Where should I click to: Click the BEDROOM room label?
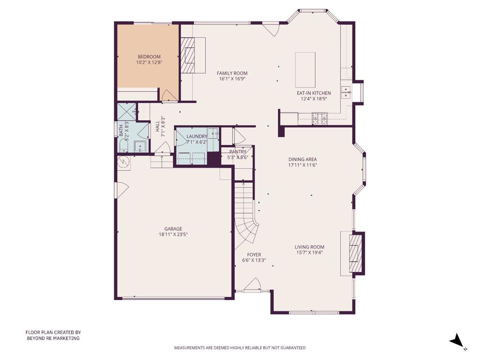pyautogui.click(x=149, y=57)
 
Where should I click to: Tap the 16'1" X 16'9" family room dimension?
pyautogui.click(x=232, y=79)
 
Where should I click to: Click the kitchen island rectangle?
pyautogui.click(x=305, y=70)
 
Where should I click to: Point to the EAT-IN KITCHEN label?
pyautogui.click(x=314, y=93)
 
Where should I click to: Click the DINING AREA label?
pyautogui.click(x=302, y=159)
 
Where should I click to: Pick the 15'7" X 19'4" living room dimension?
pyautogui.click(x=309, y=253)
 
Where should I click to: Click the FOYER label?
pyautogui.click(x=254, y=255)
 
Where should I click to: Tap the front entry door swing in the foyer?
pyautogui.click(x=253, y=285)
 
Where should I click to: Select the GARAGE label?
pyautogui.click(x=173, y=229)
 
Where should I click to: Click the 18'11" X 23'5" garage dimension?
pyautogui.click(x=173, y=234)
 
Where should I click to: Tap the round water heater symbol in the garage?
pyautogui.click(x=124, y=162)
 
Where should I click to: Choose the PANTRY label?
pyautogui.click(x=238, y=152)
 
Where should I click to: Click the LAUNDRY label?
pyautogui.click(x=196, y=136)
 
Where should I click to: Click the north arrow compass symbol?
pyautogui.click(x=456, y=341)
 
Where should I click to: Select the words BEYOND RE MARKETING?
pyautogui.click(x=53, y=338)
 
